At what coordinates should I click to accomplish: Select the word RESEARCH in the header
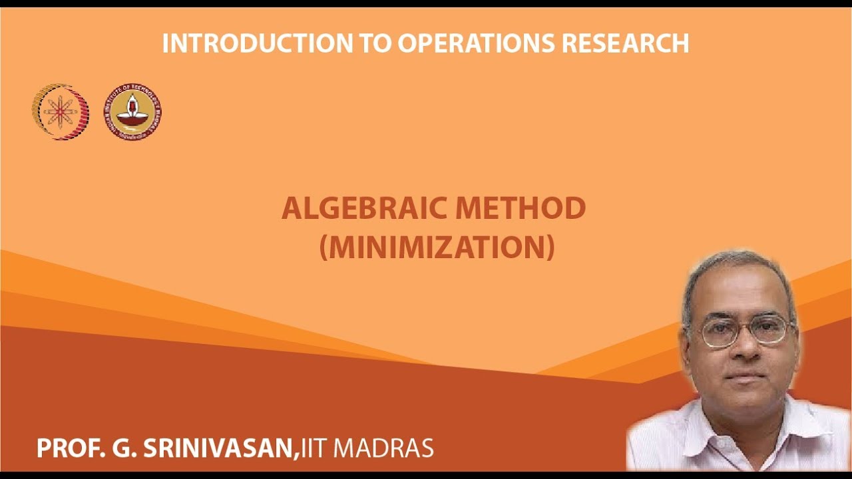[x=626, y=43]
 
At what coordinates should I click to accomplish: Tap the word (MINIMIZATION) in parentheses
[x=437, y=247]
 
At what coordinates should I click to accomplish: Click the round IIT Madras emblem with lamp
[x=132, y=112]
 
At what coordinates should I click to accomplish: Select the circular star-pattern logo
[x=60, y=112]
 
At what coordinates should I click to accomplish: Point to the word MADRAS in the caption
[x=383, y=448]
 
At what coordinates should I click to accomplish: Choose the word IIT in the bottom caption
[x=315, y=448]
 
